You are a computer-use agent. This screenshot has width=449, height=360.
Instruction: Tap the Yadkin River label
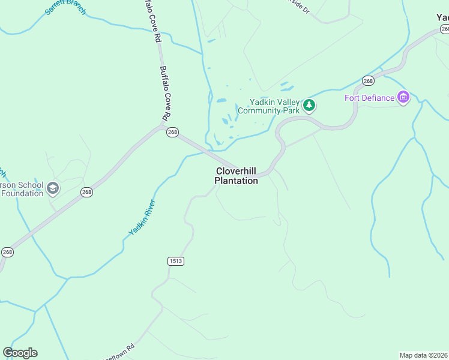pyautogui.click(x=142, y=217)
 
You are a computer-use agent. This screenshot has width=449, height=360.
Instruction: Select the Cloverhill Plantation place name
pyautogui.click(x=237, y=176)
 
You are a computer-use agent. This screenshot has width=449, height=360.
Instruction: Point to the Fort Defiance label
pyautogui.click(x=369, y=98)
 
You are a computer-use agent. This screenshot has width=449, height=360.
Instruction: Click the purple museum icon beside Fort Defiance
pyautogui.click(x=403, y=97)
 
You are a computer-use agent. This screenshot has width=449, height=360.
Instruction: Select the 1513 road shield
pyautogui.click(x=175, y=261)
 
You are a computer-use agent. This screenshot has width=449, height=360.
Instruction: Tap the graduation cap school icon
pyautogui.click(x=53, y=189)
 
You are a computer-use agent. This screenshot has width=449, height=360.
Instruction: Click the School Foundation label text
pyautogui.click(x=22, y=189)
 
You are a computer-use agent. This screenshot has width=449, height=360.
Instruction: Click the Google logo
pyautogui.click(x=20, y=353)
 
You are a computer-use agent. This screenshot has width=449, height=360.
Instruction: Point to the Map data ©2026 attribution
pyautogui.click(x=423, y=355)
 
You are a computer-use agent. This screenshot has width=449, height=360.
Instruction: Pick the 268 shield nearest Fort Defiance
pyautogui.click(x=368, y=81)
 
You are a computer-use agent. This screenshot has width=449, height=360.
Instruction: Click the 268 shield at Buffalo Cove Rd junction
pyautogui.click(x=173, y=133)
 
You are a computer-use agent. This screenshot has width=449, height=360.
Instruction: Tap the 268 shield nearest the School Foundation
pyautogui.click(x=87, y=193)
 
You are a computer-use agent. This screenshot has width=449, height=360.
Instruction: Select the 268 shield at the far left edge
pyautogui.click(x=7, y=252)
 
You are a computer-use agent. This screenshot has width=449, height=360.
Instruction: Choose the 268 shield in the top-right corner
pyautogui.click(x=444, y=29)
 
